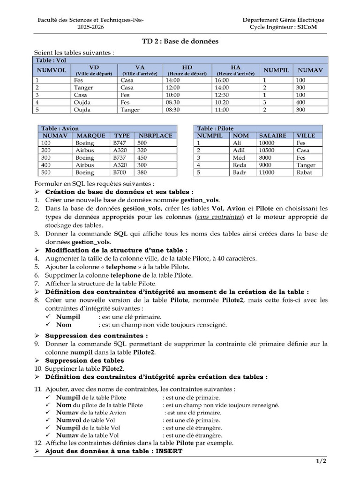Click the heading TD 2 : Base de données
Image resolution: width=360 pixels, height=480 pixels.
(x=180, y=42)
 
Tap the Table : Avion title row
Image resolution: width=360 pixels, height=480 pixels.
(x=60, y=128)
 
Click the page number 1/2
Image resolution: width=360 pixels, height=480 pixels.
(x=321, y=461)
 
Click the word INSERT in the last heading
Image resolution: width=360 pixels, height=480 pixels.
(x=169, y=451)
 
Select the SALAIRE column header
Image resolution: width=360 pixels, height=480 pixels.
(x=272, y=135)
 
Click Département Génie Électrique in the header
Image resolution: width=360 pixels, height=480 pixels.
(x=283, y=20)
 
